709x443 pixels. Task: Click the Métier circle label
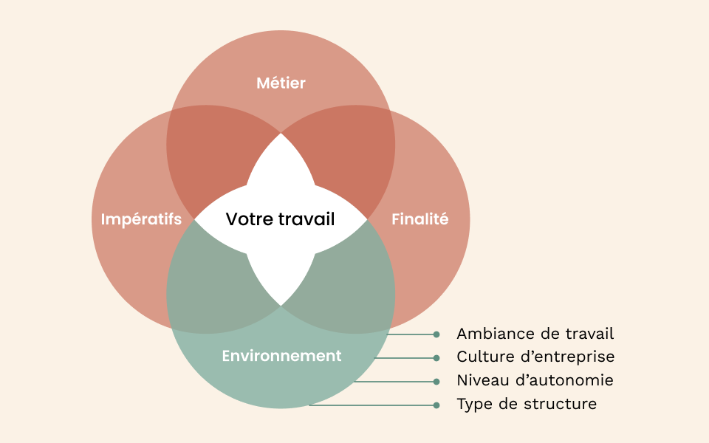[281, 83]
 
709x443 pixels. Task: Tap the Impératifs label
[141, 219]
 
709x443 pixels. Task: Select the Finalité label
[419, 219]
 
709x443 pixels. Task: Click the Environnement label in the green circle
[281, 356]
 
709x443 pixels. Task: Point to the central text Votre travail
[280, 219]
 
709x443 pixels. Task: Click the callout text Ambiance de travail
[535, 334]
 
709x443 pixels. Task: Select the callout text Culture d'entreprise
[535, 357]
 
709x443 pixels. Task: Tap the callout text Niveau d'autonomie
[535, 381]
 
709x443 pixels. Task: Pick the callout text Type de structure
[527, 405]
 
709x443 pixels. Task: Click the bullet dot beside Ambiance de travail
[436, 334]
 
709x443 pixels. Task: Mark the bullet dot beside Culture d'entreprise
[436, 358]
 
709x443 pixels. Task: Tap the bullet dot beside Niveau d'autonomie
[436, 382]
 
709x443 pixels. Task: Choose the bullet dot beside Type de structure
[436, 405]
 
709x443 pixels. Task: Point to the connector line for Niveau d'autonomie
[395, 382]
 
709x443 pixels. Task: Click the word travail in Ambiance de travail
[590, 334]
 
